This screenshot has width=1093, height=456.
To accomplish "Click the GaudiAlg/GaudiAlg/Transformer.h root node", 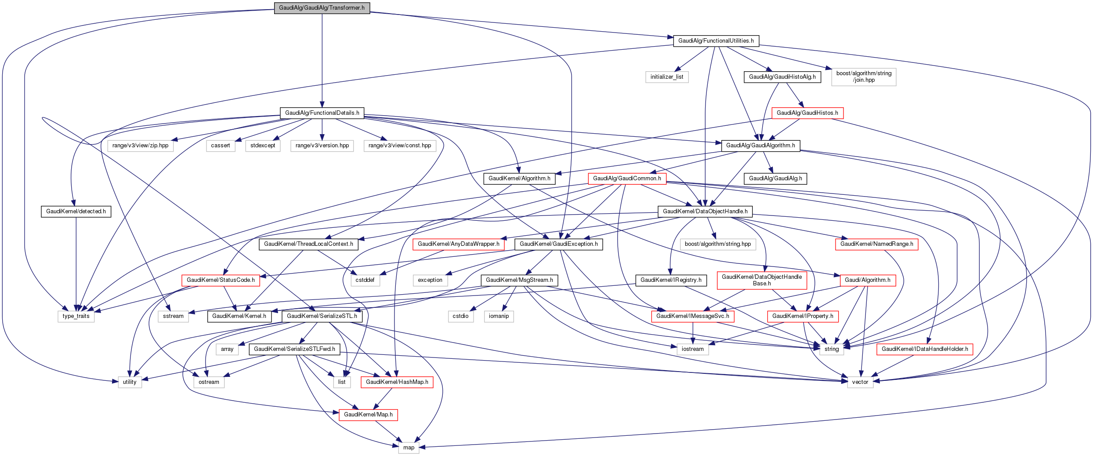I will click(x=322, y=8).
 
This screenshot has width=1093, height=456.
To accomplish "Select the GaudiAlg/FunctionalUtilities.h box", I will click(x=716, y=41).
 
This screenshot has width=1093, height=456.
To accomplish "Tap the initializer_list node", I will click(x=666, y=77).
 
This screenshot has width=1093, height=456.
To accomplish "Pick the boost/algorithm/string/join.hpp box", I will click(x=864, y=77).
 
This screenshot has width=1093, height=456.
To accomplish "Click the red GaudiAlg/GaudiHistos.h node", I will click(x=807, y=113).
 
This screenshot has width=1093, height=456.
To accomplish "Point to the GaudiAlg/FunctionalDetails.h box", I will click(x=322, y=113).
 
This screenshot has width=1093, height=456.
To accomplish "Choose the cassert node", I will click(x=220, y=146).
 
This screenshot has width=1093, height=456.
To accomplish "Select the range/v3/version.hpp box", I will click(x=322, y=146).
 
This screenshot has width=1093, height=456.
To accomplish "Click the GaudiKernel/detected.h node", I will click(x=76, y=212).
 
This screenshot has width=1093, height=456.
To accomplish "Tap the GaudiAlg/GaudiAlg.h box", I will click(x=775, y=179).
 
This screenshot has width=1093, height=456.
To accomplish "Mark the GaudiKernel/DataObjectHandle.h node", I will click(x=705, y=212).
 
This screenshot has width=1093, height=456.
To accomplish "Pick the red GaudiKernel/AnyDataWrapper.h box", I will click(x=458, y=244).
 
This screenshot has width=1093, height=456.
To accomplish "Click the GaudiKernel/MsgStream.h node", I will click(x=519, y=280).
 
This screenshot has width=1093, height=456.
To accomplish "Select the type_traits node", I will click(x=76, y=316).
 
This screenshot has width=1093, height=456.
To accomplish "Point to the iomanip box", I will click(x=499, y=316).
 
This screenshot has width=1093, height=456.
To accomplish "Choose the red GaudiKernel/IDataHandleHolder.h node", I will click(x=924, y=349).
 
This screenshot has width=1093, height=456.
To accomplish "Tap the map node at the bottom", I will click(x=409, y=448).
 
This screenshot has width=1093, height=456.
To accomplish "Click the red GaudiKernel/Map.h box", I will click(x=368, y=415).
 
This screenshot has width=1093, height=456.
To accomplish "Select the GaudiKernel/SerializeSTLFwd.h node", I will click(x=294, y=349).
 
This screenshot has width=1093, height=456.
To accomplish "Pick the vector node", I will click(x=860, y=382).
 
